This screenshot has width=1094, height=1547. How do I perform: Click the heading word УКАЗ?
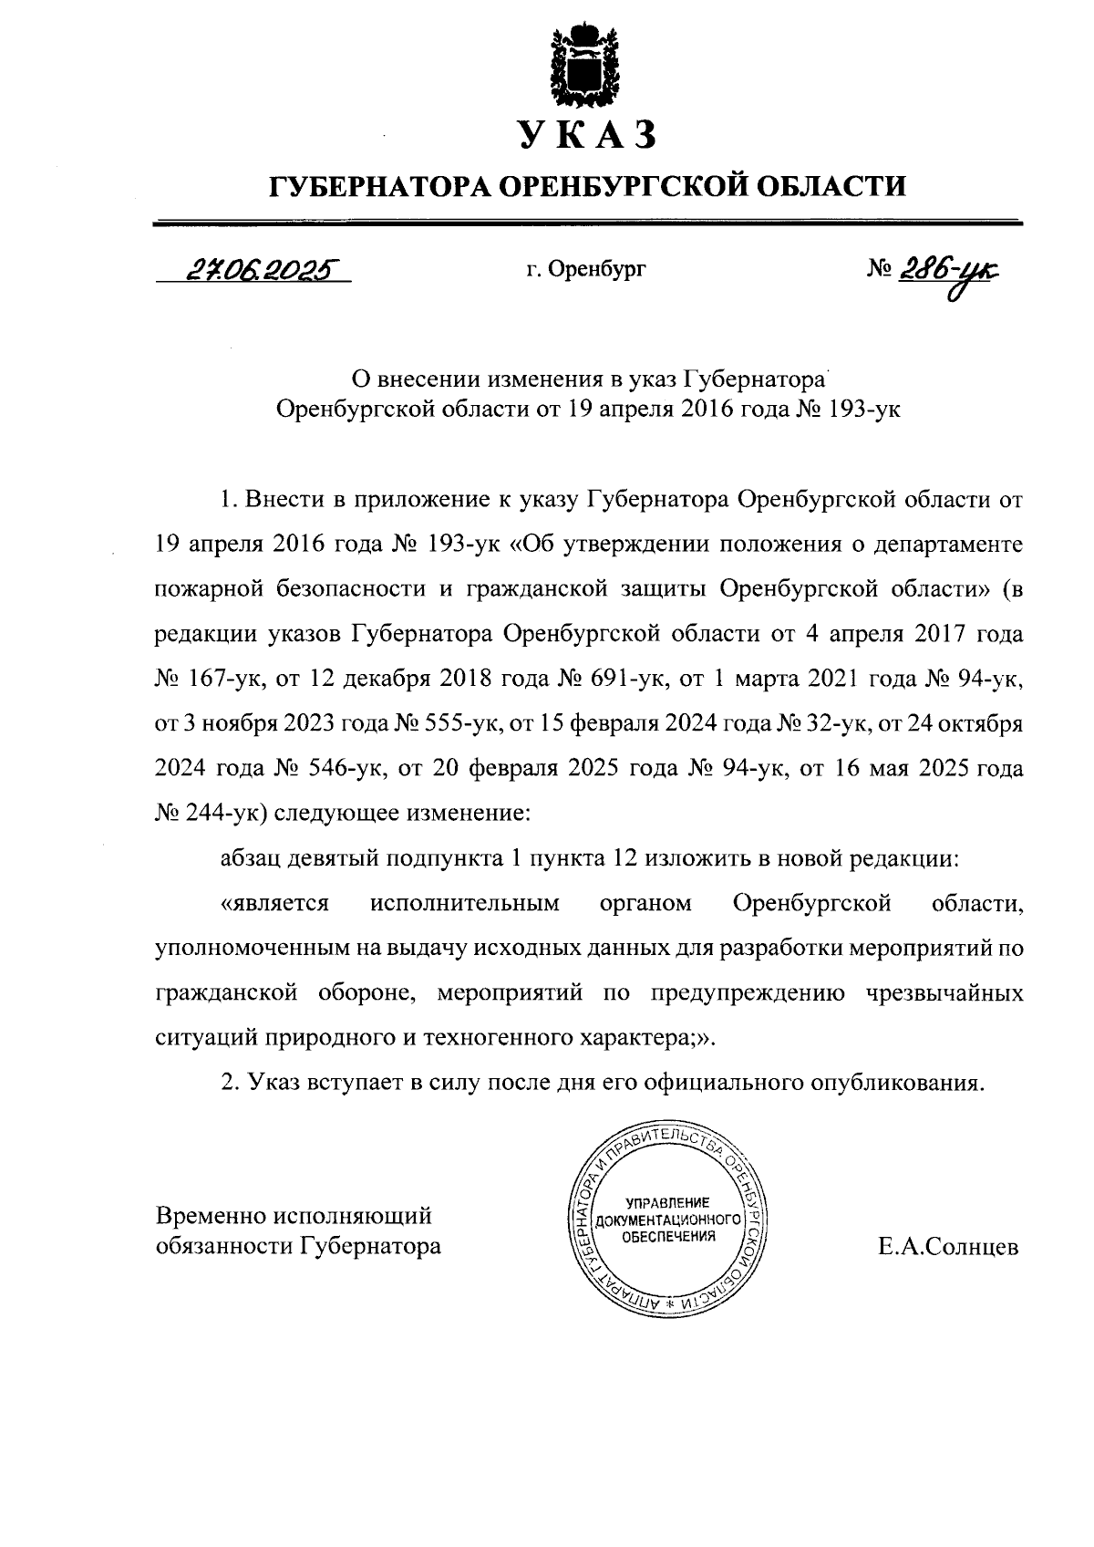(587, 134)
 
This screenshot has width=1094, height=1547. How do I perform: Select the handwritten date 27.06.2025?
(254, 268)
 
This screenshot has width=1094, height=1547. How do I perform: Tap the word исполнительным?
(464, 904)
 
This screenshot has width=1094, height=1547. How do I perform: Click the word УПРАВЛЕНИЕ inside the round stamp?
(666, 1202)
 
